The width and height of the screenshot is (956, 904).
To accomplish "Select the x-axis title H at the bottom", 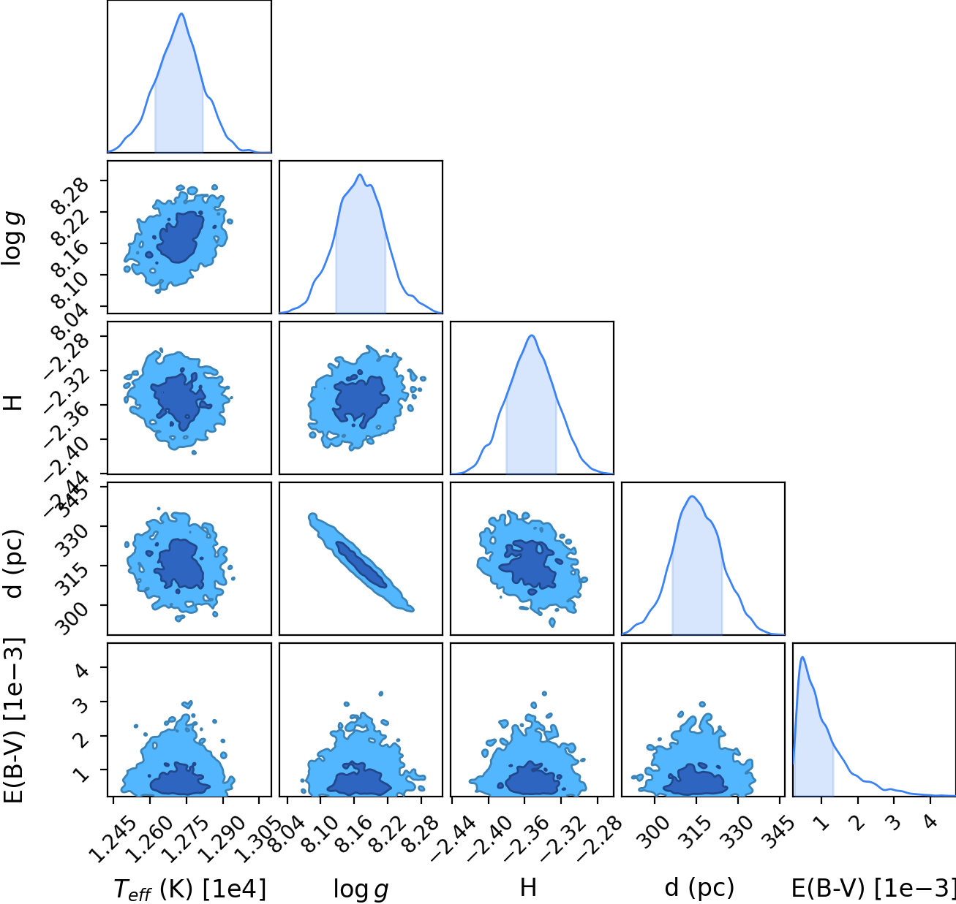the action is (529, 887).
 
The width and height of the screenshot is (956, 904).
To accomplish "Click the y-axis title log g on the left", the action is (12, 240).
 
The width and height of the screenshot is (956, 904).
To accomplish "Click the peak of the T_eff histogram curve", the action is (181, 13).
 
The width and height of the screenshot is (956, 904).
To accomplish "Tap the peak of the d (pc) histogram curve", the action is (692, 496).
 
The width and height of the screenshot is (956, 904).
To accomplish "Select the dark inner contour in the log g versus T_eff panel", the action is (181, 238).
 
